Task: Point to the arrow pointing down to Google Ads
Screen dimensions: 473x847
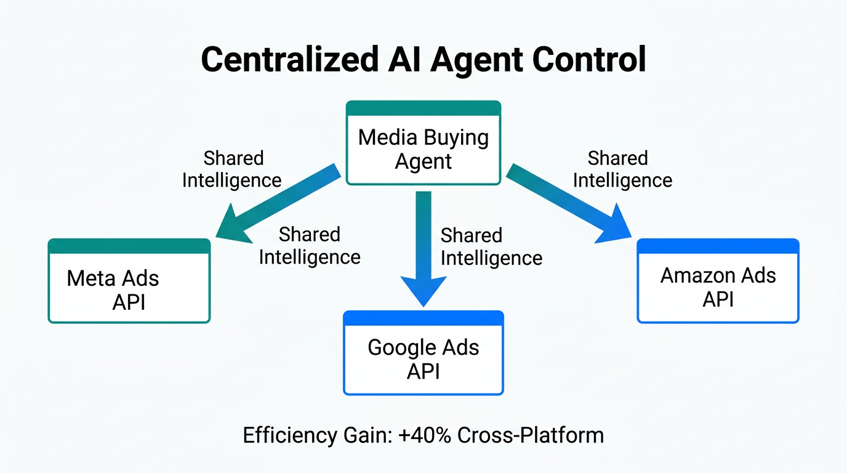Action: [423, 246]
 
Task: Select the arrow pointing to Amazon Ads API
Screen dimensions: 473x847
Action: [569, 203]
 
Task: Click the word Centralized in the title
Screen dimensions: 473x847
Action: [289, 60]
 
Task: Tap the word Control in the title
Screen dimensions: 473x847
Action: [589, 60]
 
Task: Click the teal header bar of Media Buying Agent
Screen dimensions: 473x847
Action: [423, 108]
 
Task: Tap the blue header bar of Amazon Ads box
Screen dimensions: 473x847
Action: [718, 246]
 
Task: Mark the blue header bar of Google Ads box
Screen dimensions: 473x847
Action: [423, 318]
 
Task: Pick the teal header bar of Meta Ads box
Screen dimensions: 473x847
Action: [129, 246]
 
